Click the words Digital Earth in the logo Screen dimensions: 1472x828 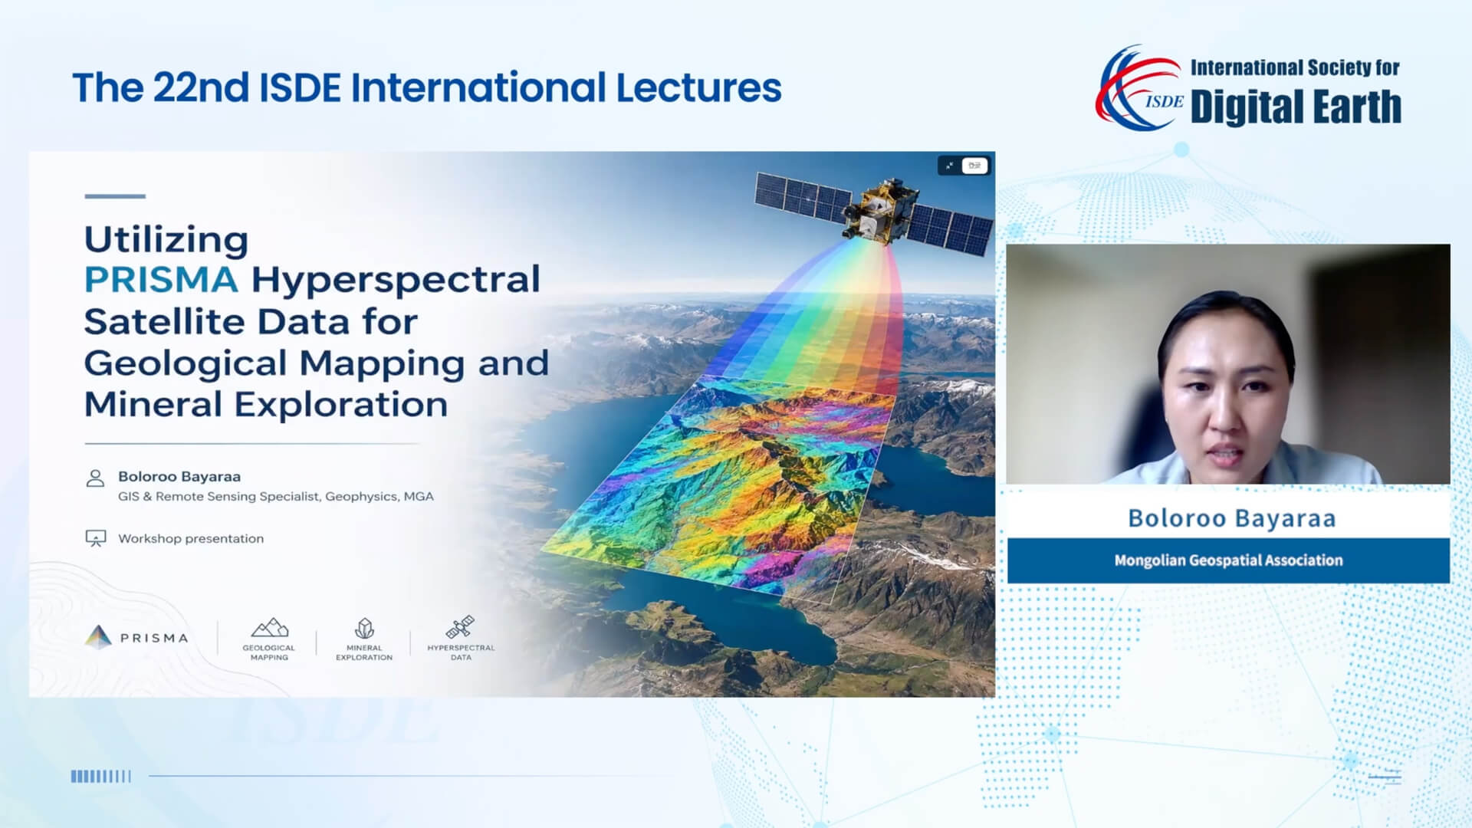[1296, 107]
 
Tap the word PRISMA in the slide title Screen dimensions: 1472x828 [161, 280]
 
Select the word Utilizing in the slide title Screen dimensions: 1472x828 [166, 239]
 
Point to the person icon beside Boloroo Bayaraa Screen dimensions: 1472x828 [95, 478]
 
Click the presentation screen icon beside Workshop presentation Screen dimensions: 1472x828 [95, 538]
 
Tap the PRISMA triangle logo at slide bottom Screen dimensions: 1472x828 [98, 637]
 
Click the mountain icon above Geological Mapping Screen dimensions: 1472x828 [270, 628]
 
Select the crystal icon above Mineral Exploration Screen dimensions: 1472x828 [364, 629]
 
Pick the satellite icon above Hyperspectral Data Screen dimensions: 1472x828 [460, 627]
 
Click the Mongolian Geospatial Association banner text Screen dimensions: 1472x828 [1228, 560]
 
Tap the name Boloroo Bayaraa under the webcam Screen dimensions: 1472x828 [1231, 518]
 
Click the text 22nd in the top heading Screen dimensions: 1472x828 [201, 87]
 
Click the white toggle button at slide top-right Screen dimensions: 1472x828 [974, 166]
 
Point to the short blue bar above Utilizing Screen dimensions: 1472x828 [115, 196]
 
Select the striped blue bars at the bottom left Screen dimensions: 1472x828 [101, 776]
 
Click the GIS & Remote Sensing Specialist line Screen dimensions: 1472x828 [276, 497]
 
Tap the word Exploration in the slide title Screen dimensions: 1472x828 [341, 405]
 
